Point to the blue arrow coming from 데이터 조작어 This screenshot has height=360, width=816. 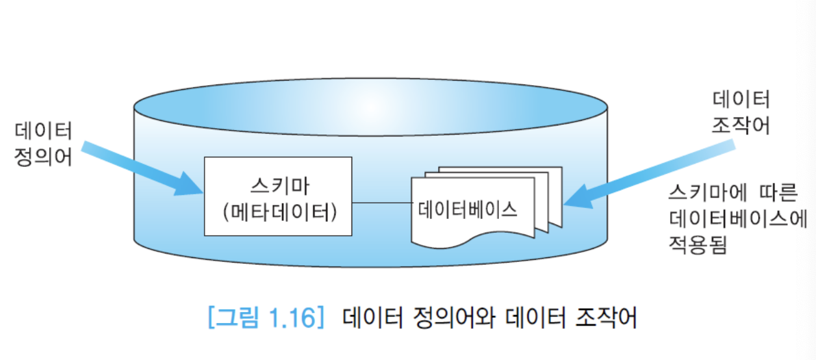point(650,175)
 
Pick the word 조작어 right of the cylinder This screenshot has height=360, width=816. point(741,125)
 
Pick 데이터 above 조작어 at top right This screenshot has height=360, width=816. point(741,99)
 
